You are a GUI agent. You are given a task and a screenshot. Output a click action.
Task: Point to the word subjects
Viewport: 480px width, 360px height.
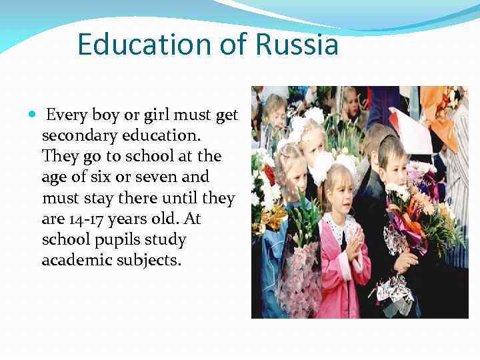point(151,260)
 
